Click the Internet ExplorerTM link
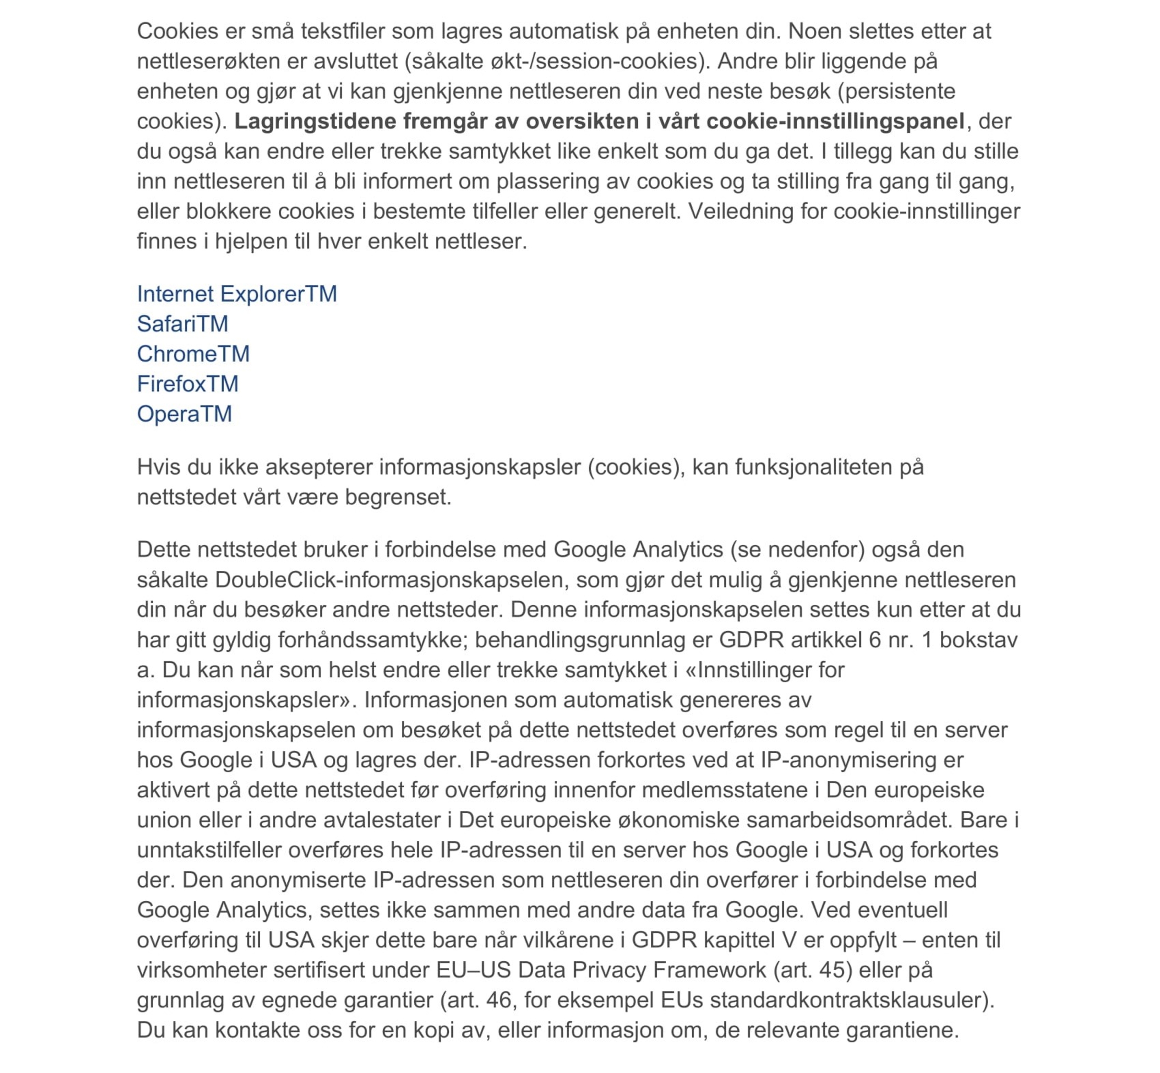click(236, 294)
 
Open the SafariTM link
click(183, 324)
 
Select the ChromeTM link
click(193, 354)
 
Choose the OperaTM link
click(184, 414)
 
